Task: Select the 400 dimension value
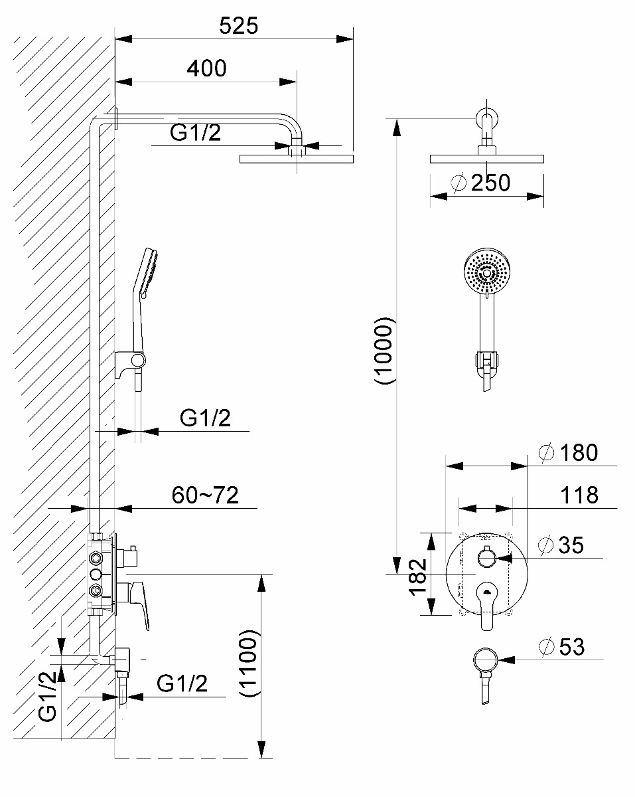pos(206,68)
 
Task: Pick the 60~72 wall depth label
pos(205,495)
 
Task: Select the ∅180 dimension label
pos(569,453)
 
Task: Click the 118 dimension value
pos(578,495)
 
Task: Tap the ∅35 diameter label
pos(562,545)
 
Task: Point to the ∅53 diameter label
pos(563,647)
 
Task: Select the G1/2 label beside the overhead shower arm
pos(196,133)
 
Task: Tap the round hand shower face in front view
pos(486,272)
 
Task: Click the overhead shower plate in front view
pos(488,159)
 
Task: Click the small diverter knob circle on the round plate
pos(486,557)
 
